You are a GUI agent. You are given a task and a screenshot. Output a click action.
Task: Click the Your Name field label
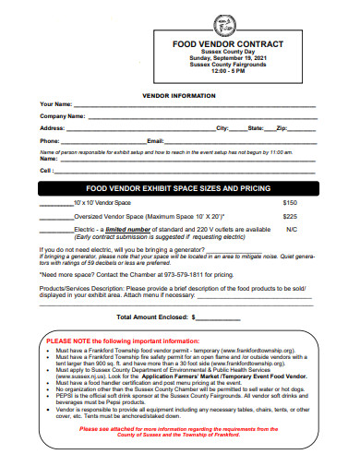click(x=56, y=104)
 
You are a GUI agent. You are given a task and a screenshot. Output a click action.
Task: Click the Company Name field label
click(x=63, y=116)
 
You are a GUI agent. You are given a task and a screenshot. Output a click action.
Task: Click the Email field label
click(x=155, y=140)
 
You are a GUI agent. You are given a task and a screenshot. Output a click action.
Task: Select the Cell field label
click(x=46, y=170)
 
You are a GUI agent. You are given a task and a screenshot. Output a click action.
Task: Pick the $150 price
click(x=290, y=201)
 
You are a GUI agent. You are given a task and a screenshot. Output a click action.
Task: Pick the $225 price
click(x=290, y=216)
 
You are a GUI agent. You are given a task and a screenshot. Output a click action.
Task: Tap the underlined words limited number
click(x=128, y=229)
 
